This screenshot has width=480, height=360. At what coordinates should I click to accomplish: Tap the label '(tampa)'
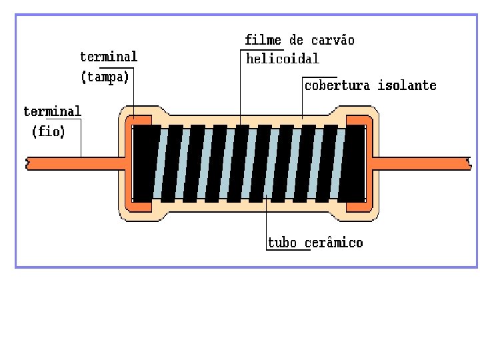point(105,77)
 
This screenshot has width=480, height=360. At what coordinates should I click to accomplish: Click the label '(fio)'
point(48,132)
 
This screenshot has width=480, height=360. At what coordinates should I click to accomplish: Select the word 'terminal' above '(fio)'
point(52,111)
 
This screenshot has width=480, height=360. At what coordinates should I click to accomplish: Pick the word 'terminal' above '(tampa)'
point(109,57)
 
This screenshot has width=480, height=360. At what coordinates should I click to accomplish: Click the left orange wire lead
point(73,163)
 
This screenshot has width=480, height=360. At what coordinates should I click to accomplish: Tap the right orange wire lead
point(420,163)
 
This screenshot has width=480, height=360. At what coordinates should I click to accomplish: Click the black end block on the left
point(143,163)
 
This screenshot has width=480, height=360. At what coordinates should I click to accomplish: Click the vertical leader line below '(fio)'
point(81,137)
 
